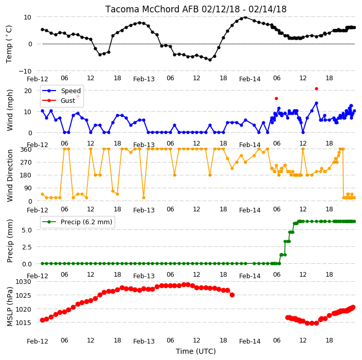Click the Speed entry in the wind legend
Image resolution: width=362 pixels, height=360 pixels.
(70, 91)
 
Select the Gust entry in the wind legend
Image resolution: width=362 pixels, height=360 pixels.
(68, 101)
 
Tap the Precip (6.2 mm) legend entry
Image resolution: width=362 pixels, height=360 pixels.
(86, 222)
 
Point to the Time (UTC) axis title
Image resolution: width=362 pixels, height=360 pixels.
(196, 351)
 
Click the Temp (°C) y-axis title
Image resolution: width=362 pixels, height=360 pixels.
(9, 44)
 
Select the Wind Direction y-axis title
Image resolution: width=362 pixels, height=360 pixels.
(10, 176)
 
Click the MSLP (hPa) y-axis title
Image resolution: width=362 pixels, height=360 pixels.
(10, 307)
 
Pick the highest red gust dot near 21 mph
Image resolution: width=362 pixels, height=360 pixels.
(317, 88)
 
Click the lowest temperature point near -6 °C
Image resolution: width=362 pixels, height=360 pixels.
(210, 60)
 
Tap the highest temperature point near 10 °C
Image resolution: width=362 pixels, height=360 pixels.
(245, 17)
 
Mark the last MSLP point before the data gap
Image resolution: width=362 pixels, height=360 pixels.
(232, 295)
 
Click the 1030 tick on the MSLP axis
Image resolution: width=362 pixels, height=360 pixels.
(23, 282)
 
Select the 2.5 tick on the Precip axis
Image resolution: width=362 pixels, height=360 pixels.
(27, 247)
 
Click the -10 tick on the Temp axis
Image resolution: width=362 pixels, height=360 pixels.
(25, 71)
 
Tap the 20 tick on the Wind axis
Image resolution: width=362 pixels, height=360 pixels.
(28, 91)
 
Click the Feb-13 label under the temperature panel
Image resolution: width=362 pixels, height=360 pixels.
(144, 79)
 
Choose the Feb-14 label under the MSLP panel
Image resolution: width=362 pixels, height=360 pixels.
(250, 341)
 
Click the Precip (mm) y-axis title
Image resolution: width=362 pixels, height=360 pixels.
(10, 241)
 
